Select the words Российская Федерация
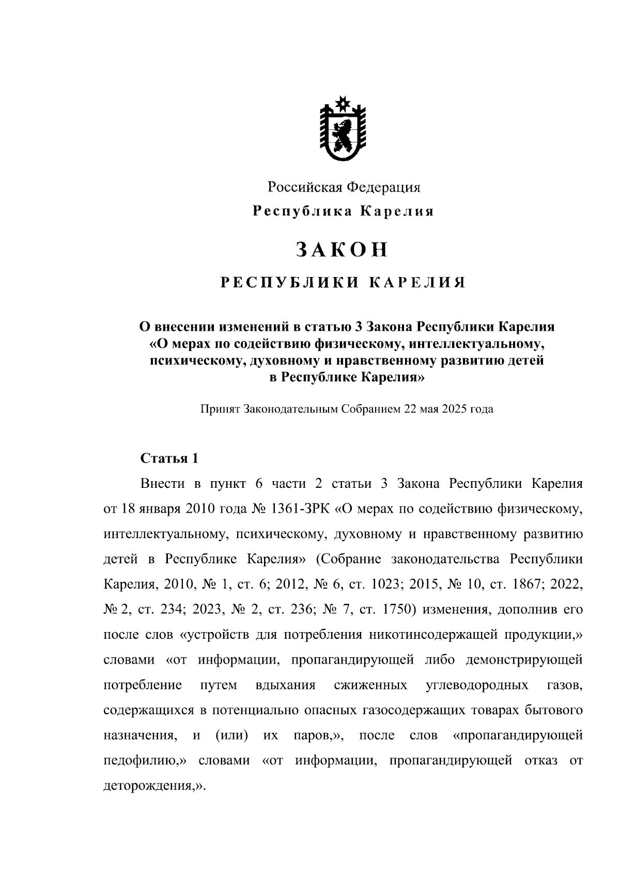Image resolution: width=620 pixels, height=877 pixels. tap(344, 187)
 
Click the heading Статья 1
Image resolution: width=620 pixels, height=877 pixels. tap(169, 458)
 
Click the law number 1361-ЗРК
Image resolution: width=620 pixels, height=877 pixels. tap(300, 509)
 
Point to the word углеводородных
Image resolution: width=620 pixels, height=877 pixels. tap(477, 685)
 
